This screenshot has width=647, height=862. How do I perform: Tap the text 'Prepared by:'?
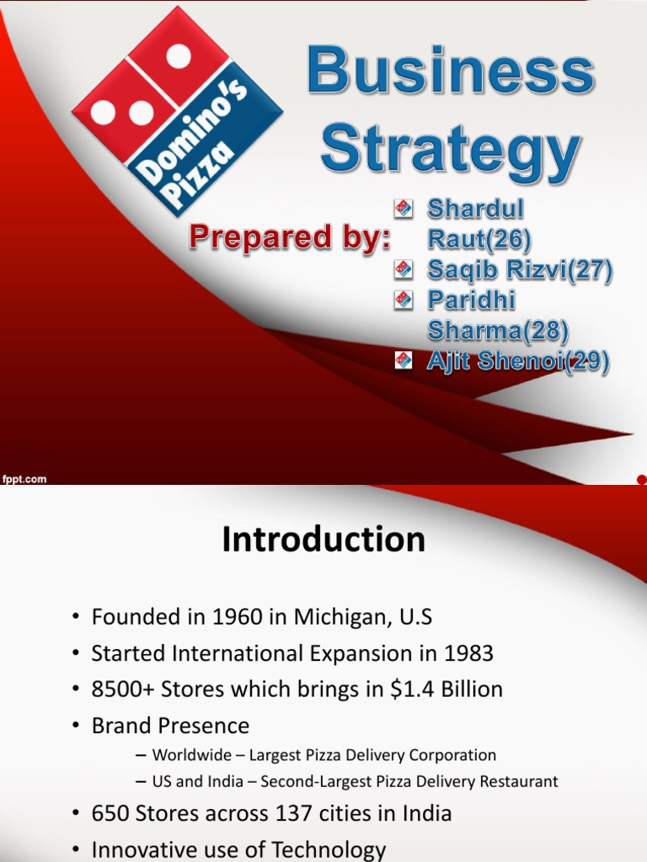[290, 237]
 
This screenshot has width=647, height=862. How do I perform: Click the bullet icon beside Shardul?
[404, 207]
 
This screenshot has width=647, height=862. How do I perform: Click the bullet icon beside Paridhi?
[404, 300]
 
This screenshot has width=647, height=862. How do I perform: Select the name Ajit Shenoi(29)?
[519, 362]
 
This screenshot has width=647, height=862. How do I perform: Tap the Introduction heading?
[323, 540]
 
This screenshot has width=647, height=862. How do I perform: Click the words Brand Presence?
[171, 726]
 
